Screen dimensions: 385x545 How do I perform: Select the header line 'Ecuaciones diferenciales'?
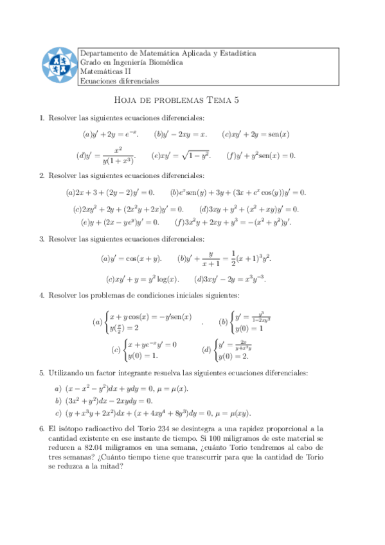click(119, 82)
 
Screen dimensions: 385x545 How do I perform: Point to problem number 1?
click(42, 118)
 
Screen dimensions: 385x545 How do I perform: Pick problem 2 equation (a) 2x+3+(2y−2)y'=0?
click(110, 192)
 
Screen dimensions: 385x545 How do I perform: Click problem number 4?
click(42, 295)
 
